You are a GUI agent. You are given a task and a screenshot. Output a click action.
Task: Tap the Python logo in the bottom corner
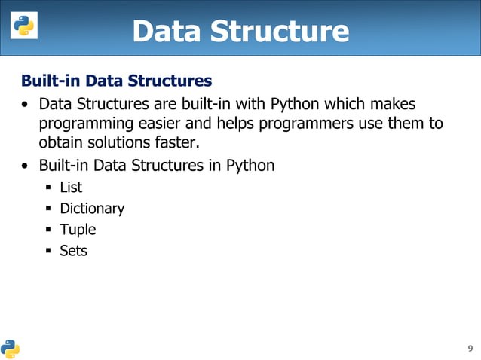[x=11, y=347]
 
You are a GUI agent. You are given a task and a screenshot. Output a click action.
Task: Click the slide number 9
[x=470, y=348]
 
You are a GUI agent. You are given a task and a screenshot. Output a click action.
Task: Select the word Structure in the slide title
[x=283, y=31]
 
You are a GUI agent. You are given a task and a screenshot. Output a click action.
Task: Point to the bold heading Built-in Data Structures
[x=116, y=80]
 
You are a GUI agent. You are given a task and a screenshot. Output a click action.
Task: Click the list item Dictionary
[x=92, y=209]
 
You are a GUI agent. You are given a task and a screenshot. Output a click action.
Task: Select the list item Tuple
[x=78, y=230]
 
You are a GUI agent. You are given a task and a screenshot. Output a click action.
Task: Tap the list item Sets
[x=74, y=251]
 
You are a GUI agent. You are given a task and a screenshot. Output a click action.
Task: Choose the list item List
[x=71, y=188]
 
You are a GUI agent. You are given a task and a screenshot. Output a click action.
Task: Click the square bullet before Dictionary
[x=47, y=209]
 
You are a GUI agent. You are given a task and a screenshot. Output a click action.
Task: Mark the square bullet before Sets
[x=47, y=251]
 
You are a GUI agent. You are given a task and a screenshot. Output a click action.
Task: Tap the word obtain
[x=61, y=143]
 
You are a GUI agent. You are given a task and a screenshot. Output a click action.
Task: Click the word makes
[x=392, y=102]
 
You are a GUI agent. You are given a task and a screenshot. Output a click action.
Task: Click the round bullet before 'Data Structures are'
[x=26, y=103]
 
